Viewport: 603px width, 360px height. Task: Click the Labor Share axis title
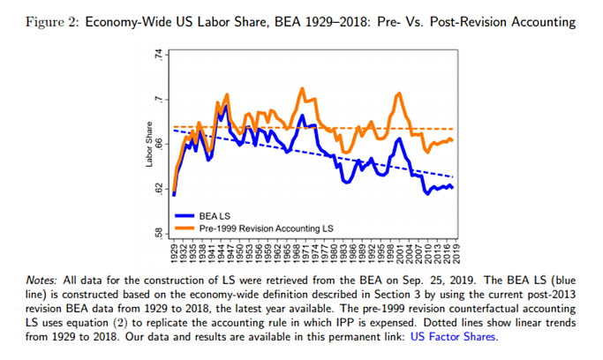point(149,143)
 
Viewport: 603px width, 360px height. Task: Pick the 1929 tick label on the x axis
point(175,252)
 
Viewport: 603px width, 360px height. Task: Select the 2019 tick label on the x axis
point(456,252)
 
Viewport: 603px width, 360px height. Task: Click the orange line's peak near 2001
point(400,93)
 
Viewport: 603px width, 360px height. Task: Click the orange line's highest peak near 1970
point(302,88)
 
